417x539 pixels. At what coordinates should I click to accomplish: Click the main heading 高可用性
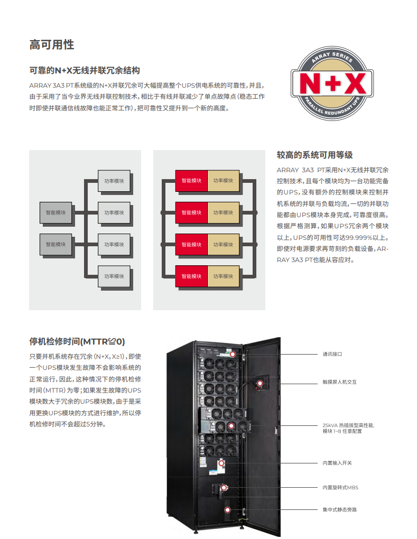(52, 45)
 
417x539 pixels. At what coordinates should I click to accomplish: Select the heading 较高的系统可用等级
(314, 155)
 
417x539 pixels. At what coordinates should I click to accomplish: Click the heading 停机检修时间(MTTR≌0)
(77, 341)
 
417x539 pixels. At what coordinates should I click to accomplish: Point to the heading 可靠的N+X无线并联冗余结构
(85, 70)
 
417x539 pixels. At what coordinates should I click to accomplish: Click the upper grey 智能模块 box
(55, 212)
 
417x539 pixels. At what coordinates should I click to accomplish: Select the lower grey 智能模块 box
(55, 244)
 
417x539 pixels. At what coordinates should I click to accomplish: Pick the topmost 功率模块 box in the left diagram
(114, 181)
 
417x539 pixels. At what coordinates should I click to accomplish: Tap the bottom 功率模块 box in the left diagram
(114, 276)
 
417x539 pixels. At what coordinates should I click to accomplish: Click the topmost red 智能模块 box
(191, 181)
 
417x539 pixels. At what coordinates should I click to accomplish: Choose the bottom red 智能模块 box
(191, 276)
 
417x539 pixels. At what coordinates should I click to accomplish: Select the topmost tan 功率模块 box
(223, 181)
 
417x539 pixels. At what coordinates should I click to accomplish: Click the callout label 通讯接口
(332, 354)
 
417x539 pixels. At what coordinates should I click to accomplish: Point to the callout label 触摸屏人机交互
(339, 382)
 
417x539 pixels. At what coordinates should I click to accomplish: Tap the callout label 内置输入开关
(337, 463)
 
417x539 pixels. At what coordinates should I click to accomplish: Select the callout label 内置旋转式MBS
(340, 487)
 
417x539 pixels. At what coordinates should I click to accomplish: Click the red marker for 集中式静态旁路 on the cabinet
(228, 510)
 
